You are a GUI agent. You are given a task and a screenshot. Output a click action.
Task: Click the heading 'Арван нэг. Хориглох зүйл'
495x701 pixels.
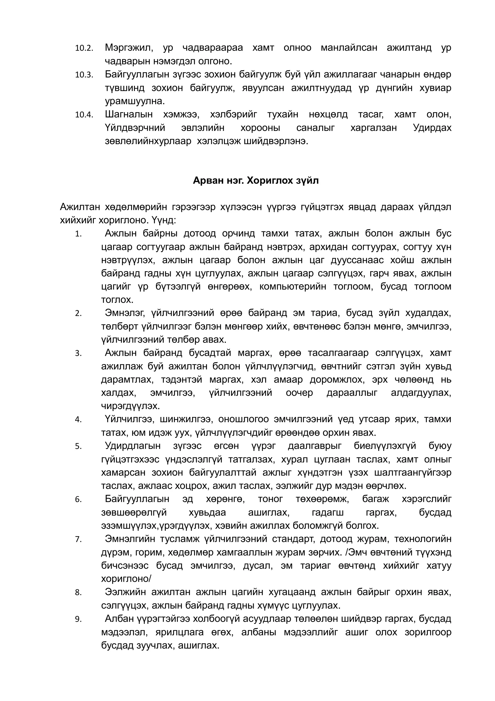255,181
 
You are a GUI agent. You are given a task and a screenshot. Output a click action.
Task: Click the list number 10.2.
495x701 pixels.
84,48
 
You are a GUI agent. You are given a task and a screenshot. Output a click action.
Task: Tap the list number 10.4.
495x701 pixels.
84,115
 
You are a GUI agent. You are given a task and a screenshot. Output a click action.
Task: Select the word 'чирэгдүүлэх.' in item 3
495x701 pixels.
131,406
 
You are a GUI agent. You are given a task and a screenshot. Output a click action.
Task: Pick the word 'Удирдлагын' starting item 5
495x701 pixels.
133,446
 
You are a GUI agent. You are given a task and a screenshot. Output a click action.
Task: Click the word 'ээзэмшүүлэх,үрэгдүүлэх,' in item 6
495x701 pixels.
156,526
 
